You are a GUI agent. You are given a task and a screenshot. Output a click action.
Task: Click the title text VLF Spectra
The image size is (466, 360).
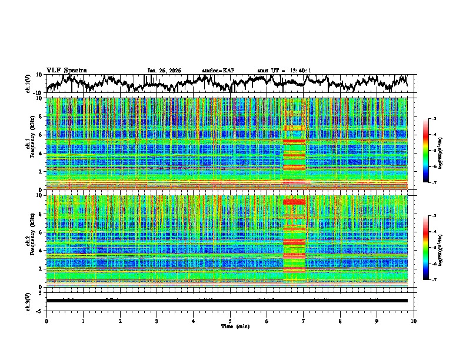pyautogui.click(x=66, y=71)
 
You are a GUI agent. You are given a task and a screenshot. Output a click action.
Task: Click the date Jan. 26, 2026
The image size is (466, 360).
pyautogui.click(x=164, y=71)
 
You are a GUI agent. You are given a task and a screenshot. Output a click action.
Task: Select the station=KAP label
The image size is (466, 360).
pyautogui.click(x=218, y=71)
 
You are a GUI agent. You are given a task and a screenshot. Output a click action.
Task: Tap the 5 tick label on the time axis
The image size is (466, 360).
pyautogui.click(x=230, y=321)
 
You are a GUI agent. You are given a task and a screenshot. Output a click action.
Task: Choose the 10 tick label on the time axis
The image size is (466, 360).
pyautogui.click(x=414, y=321)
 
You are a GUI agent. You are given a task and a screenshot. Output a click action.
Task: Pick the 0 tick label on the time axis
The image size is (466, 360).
pyautogui.click(x=46, y=321)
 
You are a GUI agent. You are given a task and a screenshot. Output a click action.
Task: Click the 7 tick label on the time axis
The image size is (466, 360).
pyautogui.click(x=304, y=321)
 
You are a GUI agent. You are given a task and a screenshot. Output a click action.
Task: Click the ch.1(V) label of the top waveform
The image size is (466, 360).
pyautogui.click(x=28, y=84)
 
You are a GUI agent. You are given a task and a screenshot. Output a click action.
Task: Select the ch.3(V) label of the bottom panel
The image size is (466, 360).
pyautogui.click(x=28, y=301)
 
